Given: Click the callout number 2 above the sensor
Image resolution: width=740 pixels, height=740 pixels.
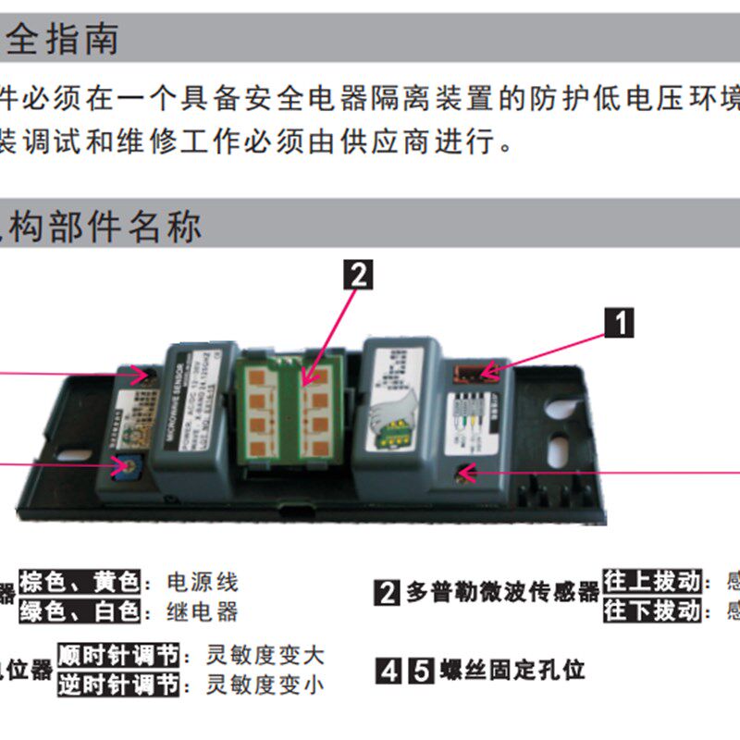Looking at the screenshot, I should (x=358, y=275).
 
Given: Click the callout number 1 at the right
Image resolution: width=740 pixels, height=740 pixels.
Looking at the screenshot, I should (x=619, y=323).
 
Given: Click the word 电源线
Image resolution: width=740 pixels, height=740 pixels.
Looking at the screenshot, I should (x=203, y=583).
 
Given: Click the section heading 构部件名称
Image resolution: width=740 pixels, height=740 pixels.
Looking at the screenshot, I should (x=102, y=226).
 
